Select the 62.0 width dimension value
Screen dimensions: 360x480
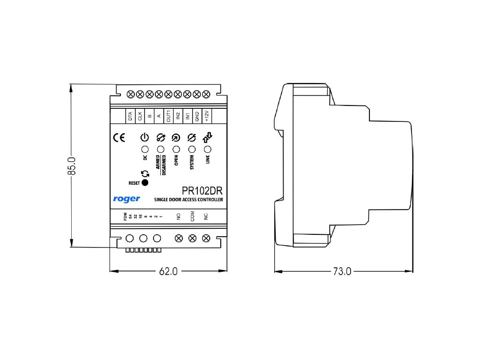pos(168,271)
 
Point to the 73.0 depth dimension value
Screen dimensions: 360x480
pos(342,271)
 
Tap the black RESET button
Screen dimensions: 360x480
pos(145,183)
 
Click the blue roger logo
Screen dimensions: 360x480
pos(126,199)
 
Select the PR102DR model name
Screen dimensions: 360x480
pos(202,191)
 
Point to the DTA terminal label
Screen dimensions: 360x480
pos(130,116)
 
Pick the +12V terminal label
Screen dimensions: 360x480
pos(207,116)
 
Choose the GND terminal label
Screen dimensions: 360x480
pos(197,116)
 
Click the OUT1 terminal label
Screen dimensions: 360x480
pos(168,116)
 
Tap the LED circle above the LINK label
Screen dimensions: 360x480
pos(208,149)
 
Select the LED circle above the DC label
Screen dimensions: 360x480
pos(145,149)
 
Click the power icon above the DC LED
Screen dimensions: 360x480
pos(145,138)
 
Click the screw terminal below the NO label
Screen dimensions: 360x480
pos(178,238)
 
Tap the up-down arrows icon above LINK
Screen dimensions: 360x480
pos(208,137)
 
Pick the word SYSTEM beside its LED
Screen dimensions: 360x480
pos(191,163)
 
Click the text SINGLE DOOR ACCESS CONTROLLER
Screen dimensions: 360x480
pos(188,200)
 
